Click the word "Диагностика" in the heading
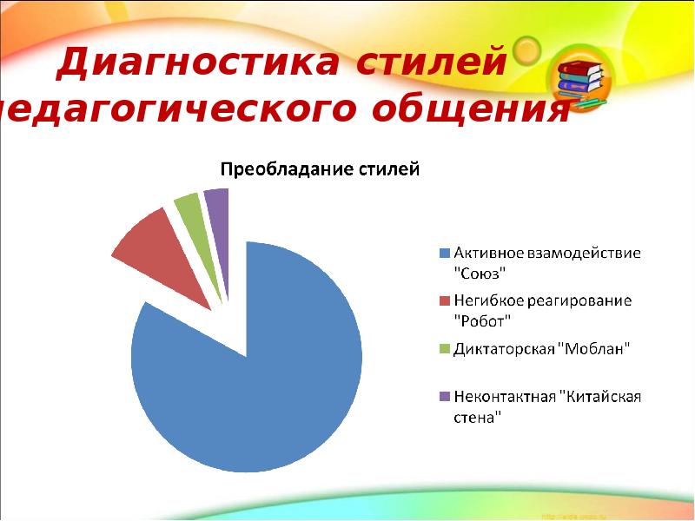[x=189, y=64]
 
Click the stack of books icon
[x=580, y=80]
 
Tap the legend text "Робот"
[x=483, y=320]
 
